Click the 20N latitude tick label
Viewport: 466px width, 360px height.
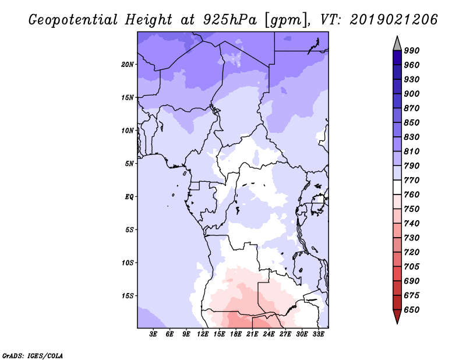point(128,64)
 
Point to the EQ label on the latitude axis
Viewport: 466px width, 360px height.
point(129,197)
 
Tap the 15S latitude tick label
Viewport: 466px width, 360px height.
point(128,296)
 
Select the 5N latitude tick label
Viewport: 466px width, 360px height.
point(129,164)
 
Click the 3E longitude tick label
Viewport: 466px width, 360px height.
point(154,334)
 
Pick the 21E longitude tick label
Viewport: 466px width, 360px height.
point(252,334)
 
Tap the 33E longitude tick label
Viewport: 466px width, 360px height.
point(318,334)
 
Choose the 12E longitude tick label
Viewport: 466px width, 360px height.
point(203,334)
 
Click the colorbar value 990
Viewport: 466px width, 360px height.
point(412,51)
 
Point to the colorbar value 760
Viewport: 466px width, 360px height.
point(412,195)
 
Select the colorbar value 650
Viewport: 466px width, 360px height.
point(412,310)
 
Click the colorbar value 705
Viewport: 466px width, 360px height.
point(412,267)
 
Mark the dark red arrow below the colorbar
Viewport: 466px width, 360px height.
point(397,316)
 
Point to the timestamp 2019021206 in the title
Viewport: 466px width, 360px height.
point(394,20)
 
